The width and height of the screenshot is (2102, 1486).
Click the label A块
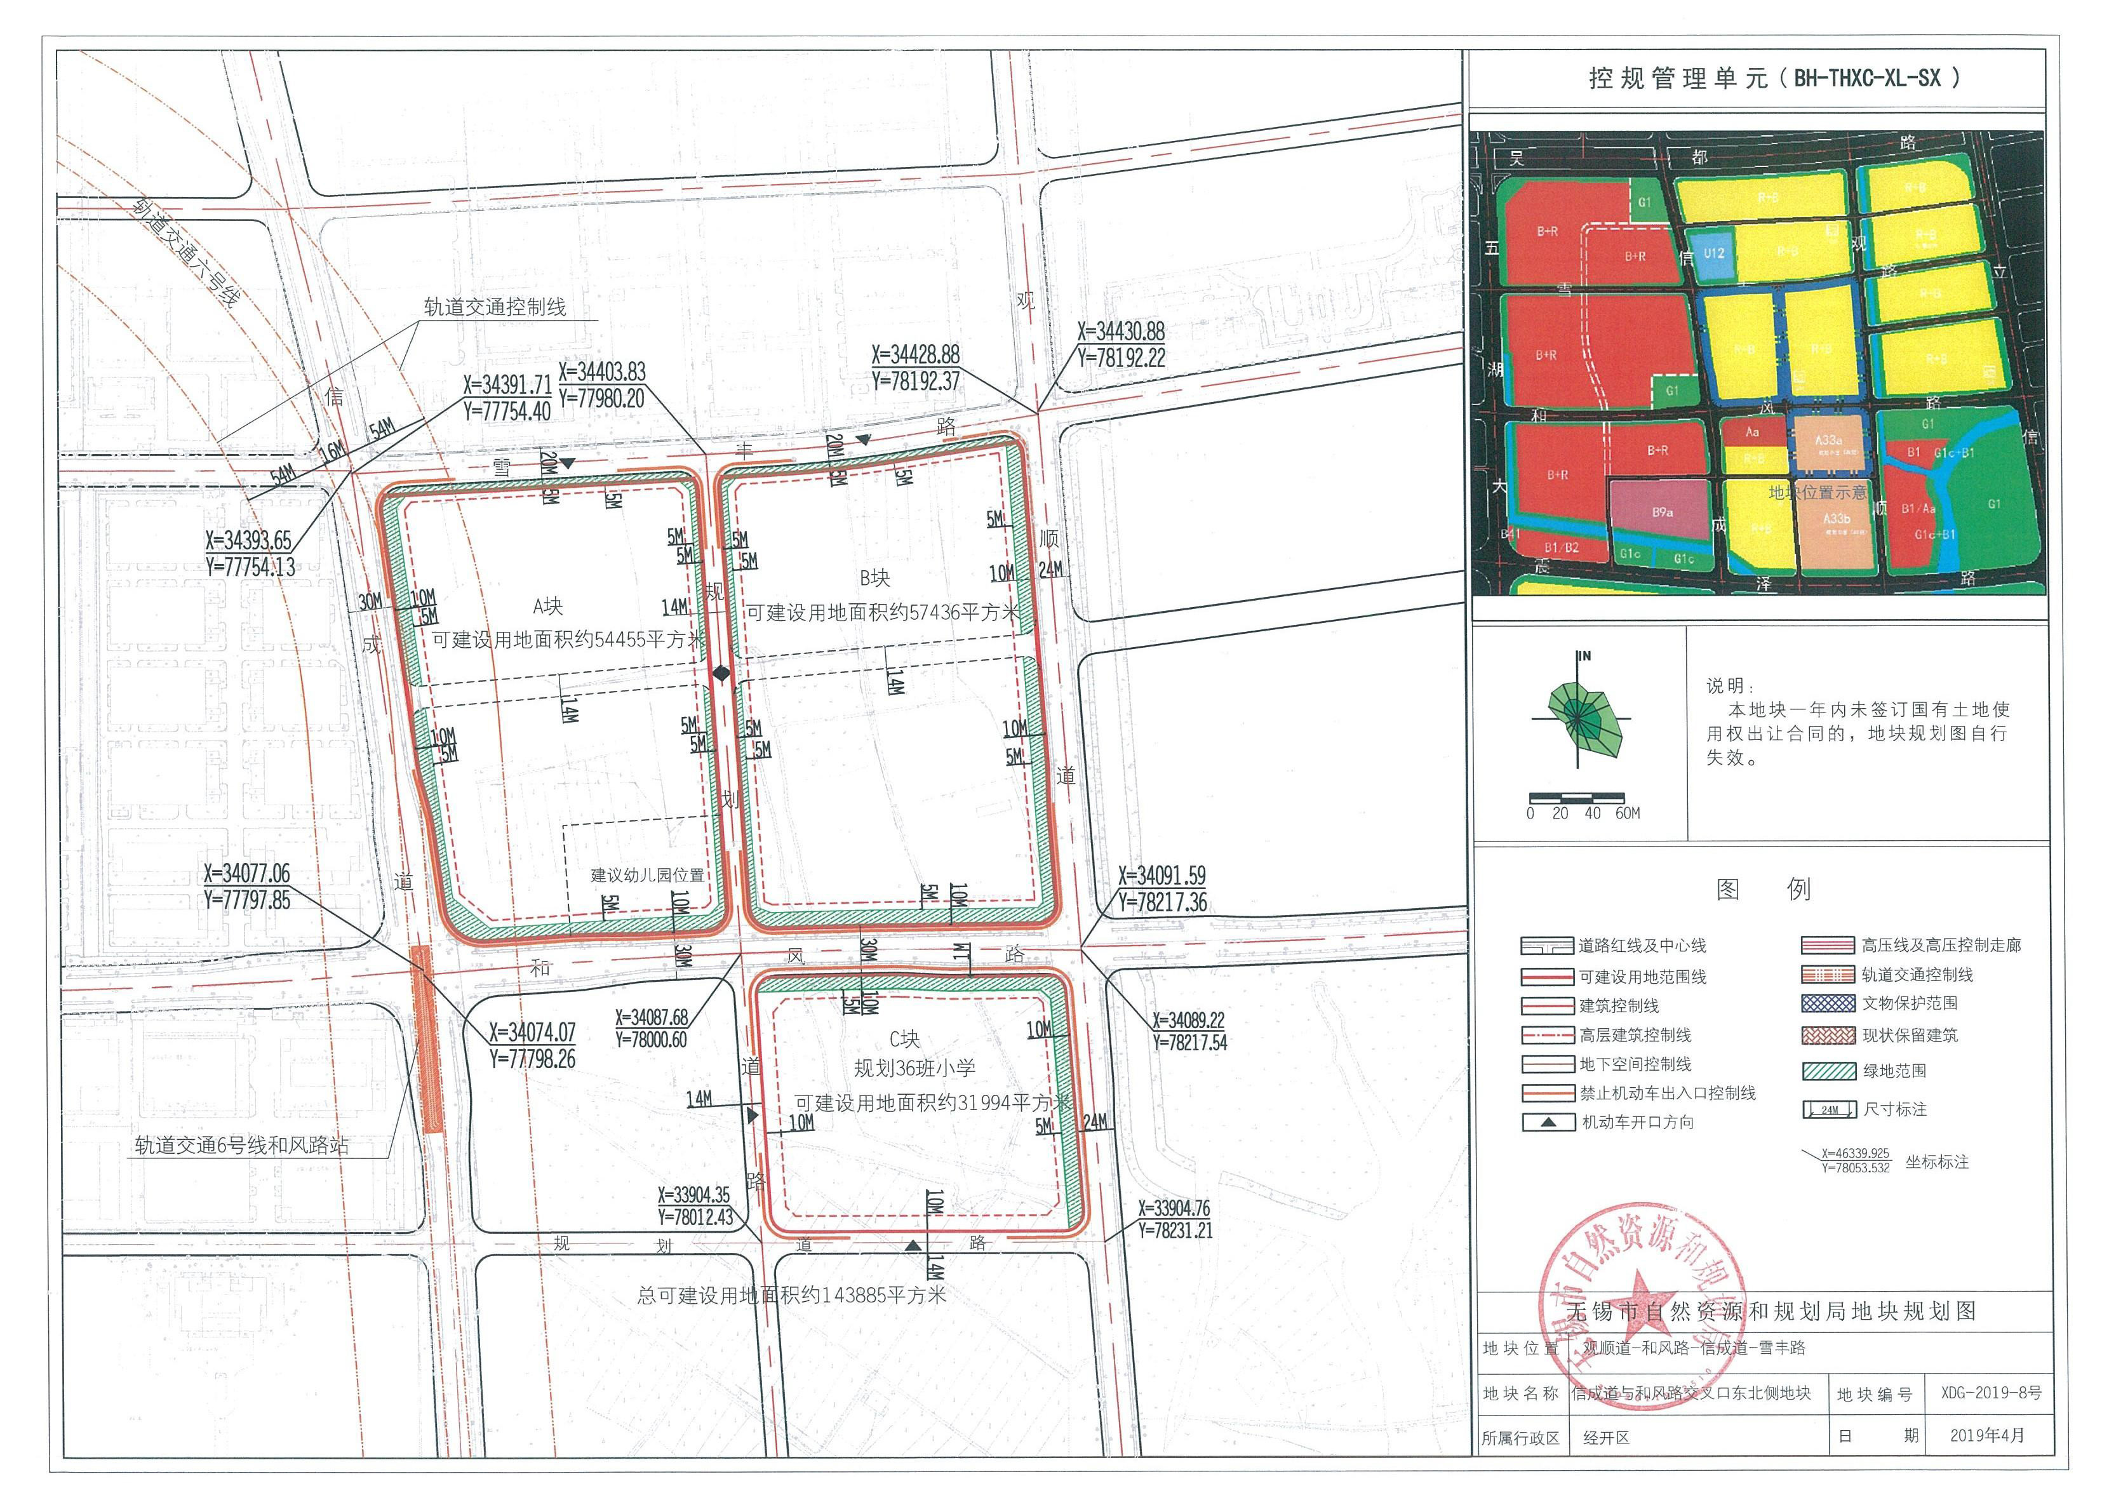click(x=547, y=606)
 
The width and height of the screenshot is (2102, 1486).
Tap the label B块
click(x=874, y=578)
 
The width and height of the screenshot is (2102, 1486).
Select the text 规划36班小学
click(x=914, y=1068)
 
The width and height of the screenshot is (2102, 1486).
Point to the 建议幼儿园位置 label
click(x=647, y=875)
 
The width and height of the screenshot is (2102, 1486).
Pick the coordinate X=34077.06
click(x=246, y=873)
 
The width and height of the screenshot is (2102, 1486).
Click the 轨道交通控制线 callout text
click(x=494, y=307)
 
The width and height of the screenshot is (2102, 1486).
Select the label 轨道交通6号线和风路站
click(x=242, y=1146)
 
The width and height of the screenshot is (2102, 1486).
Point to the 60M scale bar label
click(x=1627, y=813)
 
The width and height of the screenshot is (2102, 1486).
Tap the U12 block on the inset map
click(x=1714, y=253)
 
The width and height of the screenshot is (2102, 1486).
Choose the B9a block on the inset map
click(x=1663, y=512)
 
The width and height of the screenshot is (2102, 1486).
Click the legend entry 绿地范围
click(x=1893, y=1070)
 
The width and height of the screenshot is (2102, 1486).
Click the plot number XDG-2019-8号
click(x=1990, y=1393)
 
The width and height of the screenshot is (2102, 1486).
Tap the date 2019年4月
click(x=1986, y=1435)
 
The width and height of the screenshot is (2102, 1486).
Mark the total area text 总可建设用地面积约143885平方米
click(x=791, y=1295)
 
